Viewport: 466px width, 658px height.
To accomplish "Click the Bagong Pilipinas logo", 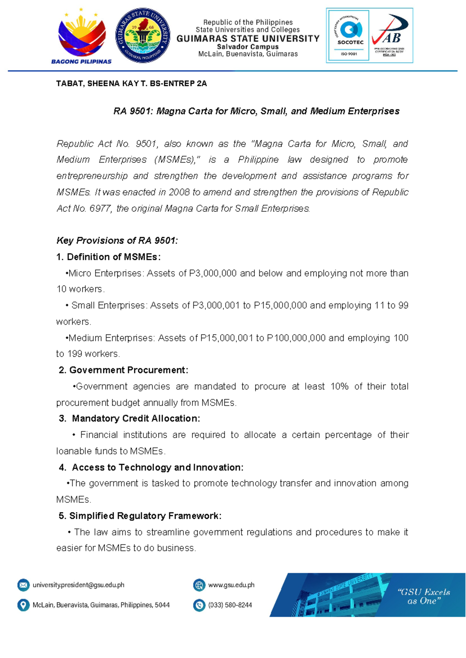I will [x=81, y=37].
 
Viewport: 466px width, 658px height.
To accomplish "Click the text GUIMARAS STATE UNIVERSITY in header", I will [x=248, y=38].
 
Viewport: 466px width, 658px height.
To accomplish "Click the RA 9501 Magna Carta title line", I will [x=256, y=111].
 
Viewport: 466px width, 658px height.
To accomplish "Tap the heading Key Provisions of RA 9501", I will [x=117, y=241].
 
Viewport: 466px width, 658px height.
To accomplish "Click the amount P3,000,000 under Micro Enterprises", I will [x=213, y=274].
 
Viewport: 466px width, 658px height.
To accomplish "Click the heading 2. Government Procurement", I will [x=123, y=370].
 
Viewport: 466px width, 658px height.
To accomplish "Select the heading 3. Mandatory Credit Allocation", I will [x=130, y=419].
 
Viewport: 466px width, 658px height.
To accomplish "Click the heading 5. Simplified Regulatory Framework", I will [x=140, y=516].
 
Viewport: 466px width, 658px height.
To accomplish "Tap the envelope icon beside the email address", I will [x=23, y=585].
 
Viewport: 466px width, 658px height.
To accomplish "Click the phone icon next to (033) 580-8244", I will [x=199, y=605].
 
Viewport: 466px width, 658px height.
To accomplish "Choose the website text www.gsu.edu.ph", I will [x=231, y=585].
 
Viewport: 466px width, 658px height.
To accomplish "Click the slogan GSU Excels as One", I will [x=424, y=596].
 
